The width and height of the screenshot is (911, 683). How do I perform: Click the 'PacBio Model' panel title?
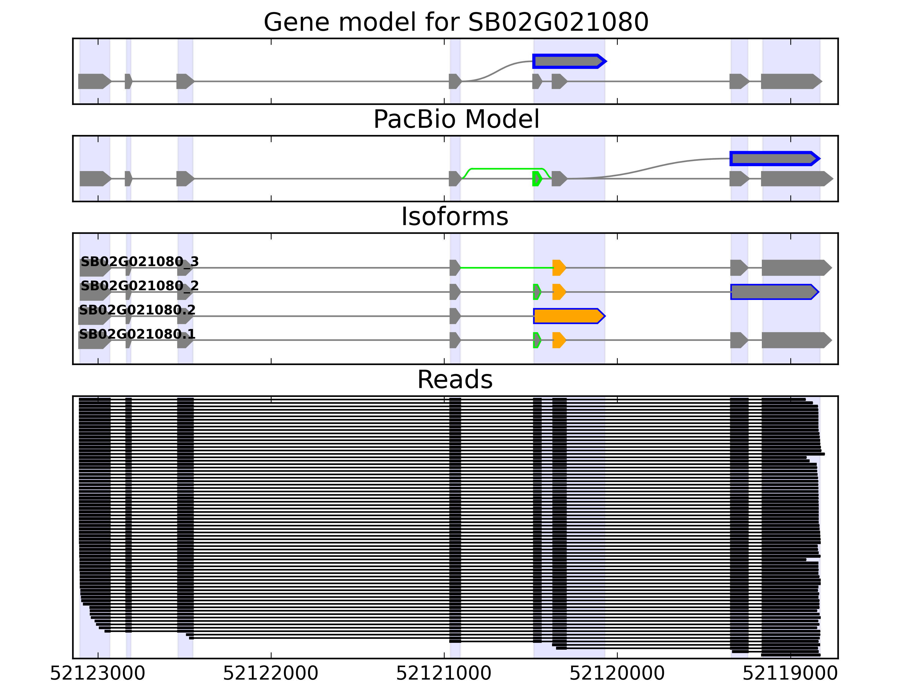click(x=455, y=120)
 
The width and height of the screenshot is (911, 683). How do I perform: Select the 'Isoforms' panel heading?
click(x=454, y=217)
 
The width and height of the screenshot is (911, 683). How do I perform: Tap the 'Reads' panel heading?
click(x=454, y=380)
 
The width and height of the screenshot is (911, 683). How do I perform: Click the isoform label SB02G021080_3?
click(x=139, y=262)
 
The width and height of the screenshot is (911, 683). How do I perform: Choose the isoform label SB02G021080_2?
click(x=139, y=285)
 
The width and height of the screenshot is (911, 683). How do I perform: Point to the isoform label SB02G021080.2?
click(x=137, y=310)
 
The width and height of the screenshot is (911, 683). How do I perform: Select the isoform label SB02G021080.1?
click(x=137, y=334)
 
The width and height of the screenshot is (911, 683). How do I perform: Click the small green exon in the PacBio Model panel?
click(x=537, y=179)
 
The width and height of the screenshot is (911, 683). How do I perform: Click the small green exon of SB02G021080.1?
click(x=537, y=340)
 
